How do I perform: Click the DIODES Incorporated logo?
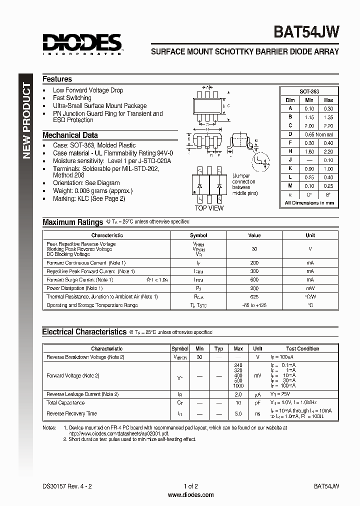tap(82, 43)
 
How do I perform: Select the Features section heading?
tap(57, 79)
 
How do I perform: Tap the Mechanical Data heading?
tap(70, 135)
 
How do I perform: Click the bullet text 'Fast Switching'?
tap(72, 98)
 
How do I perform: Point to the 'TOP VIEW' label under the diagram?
tap(209, 208)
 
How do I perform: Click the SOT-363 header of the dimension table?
tap(309, 91)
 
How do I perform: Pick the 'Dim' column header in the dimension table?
tap(290, 100)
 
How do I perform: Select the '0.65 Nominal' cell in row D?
tap(318, 134)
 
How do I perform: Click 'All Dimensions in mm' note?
tap(309, 203)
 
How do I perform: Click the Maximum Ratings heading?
tap(73, 222)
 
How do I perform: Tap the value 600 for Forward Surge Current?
tap(254, 280)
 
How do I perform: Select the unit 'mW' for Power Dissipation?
tap(310, 288)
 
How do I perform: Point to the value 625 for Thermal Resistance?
tap(254, 297)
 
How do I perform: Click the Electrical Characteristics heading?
tap(84, 331)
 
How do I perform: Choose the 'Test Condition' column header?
tap(302, 348)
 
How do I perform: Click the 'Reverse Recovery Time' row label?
tap(71, 413)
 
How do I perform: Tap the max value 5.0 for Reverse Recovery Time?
tap(238, 413)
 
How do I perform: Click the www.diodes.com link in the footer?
tap(190, 495)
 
